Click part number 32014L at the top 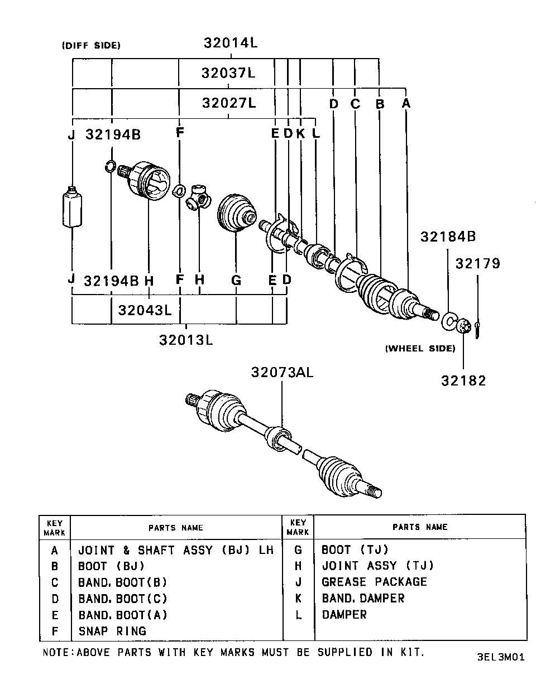click(x=229, y=43)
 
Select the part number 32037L click(x=228, y=73)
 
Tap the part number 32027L click(x=228, y=103)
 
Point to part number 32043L click(x=145, y=309)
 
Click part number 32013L click(x=186, y=339)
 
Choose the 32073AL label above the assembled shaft click(x=281, y=372)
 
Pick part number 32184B click(x=448, y=237)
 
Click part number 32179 click(x=477, y=263)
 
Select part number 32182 click(x=463, y=380)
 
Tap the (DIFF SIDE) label click(x=91, y=46)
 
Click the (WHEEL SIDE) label click(x=420, y=349)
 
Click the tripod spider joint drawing click(x=199, y=198)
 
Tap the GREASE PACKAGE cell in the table click(x=374, y=582)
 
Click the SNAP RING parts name click(x=112, y=631)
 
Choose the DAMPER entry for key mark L click(x=344, y=615)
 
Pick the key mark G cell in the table click(x=298, y=549)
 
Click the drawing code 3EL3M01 click(x=500, y=657)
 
